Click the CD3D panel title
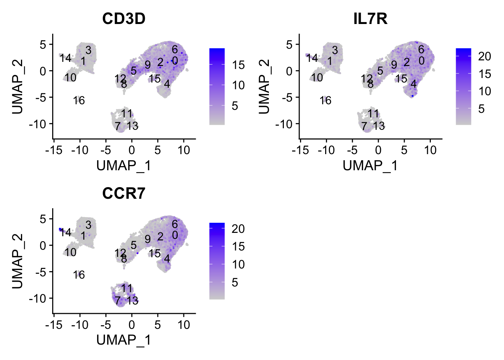click(x=124, y=18)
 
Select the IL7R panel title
click(x=370, y=18)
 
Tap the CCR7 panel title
click(x=124, y=193)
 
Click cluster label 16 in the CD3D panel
click(x=79, y=100)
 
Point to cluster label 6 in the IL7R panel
click(x=421, y=49)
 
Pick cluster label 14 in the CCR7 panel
click(x=66, y=232)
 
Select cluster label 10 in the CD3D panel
click(x=70, y=78)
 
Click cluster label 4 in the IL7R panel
click(x=413, y=84)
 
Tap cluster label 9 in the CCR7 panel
click(x=148, y=239)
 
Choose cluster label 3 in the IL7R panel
click(x=335, y=50)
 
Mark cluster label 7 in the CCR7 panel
click(x=118, y=300)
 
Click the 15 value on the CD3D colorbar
click(x=238, y=65)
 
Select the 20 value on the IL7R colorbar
click(x=484, y=56)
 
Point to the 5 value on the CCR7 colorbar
click(x=235, y=282)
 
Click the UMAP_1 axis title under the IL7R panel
click(x=370, y=165)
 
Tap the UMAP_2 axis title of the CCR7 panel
click(x=18, y=261)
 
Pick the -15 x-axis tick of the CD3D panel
click(x=54, y=150)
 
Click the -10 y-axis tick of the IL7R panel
click(x=286, y=124)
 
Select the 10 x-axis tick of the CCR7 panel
click(x=184, y=325)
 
